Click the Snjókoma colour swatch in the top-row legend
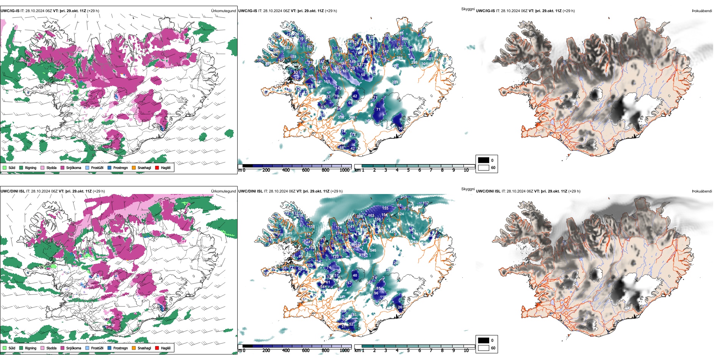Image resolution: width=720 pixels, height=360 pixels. pyautogui.click(x=63, y=167)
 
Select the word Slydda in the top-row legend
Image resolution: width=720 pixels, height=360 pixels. pyautogui.click(x=51, y=167)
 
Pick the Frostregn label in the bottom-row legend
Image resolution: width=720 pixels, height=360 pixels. pyautogui.click(x=121, y=348)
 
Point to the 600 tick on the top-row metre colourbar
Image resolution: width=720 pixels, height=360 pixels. pyautogui.click(x=306, y=170)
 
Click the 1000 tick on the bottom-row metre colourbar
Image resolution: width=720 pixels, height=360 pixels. pyautogui.click(x=344, y=351)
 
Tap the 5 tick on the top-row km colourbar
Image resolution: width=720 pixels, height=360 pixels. pyautogui.click(x=409, y=170)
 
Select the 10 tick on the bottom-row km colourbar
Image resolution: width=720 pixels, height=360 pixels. pyautogui.click(x=466, y=351)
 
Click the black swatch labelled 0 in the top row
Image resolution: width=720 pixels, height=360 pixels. pyautogui.click(x=484, y=160)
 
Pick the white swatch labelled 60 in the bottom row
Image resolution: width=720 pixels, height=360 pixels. pyautogui.click(x=484, y=348)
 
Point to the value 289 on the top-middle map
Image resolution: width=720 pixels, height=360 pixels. pyautogui.click(x=395, y=82)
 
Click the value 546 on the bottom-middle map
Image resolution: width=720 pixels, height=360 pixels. pyautogui.click(x=373, y=250)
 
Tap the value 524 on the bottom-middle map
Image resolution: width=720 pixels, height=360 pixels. pyautogui.click(x=401, y=214)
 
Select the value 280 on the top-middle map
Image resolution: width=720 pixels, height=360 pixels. pyautogui.click(x=405, y=39)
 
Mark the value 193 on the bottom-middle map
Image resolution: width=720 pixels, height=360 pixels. pyautogui.click(x=354, y=315)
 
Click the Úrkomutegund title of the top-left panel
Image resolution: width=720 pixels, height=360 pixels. pyautogui.click(x=223, y=11)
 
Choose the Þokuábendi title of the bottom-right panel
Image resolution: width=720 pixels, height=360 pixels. pyautogui.click(x=702, y=191)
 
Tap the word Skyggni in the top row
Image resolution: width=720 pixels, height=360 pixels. pyautogui.click(x=468, y=9)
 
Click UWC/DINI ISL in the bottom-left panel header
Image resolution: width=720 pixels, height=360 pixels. pyautogui.click(x=13, y=191)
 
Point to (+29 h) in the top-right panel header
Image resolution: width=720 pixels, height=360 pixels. pyautogui.click(x=569, y=11)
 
